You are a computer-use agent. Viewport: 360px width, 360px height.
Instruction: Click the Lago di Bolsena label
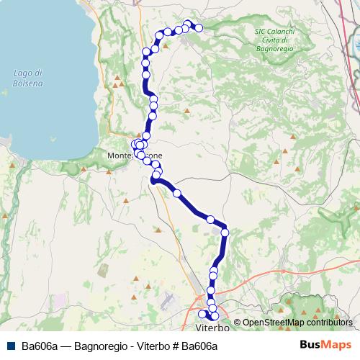28,78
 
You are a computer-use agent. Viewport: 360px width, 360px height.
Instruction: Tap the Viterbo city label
213,328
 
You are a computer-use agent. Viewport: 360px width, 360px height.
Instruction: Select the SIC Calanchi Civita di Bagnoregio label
276,40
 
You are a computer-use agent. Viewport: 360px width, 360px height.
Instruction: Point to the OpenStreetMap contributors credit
297,322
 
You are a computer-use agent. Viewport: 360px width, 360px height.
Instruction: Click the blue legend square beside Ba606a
10,346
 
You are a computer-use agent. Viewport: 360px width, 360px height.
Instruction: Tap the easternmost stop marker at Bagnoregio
199,28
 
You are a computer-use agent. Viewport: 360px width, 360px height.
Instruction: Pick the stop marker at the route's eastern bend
225,232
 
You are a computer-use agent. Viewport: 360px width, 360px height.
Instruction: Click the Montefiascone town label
135,156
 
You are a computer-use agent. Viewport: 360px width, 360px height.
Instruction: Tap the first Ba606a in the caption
39,346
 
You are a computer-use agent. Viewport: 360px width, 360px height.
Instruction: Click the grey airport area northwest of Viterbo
168,299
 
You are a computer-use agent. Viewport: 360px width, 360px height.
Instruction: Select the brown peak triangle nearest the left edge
6,215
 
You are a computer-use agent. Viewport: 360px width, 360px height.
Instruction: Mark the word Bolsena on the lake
28,83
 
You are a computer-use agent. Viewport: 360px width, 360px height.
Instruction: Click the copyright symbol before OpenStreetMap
237,322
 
